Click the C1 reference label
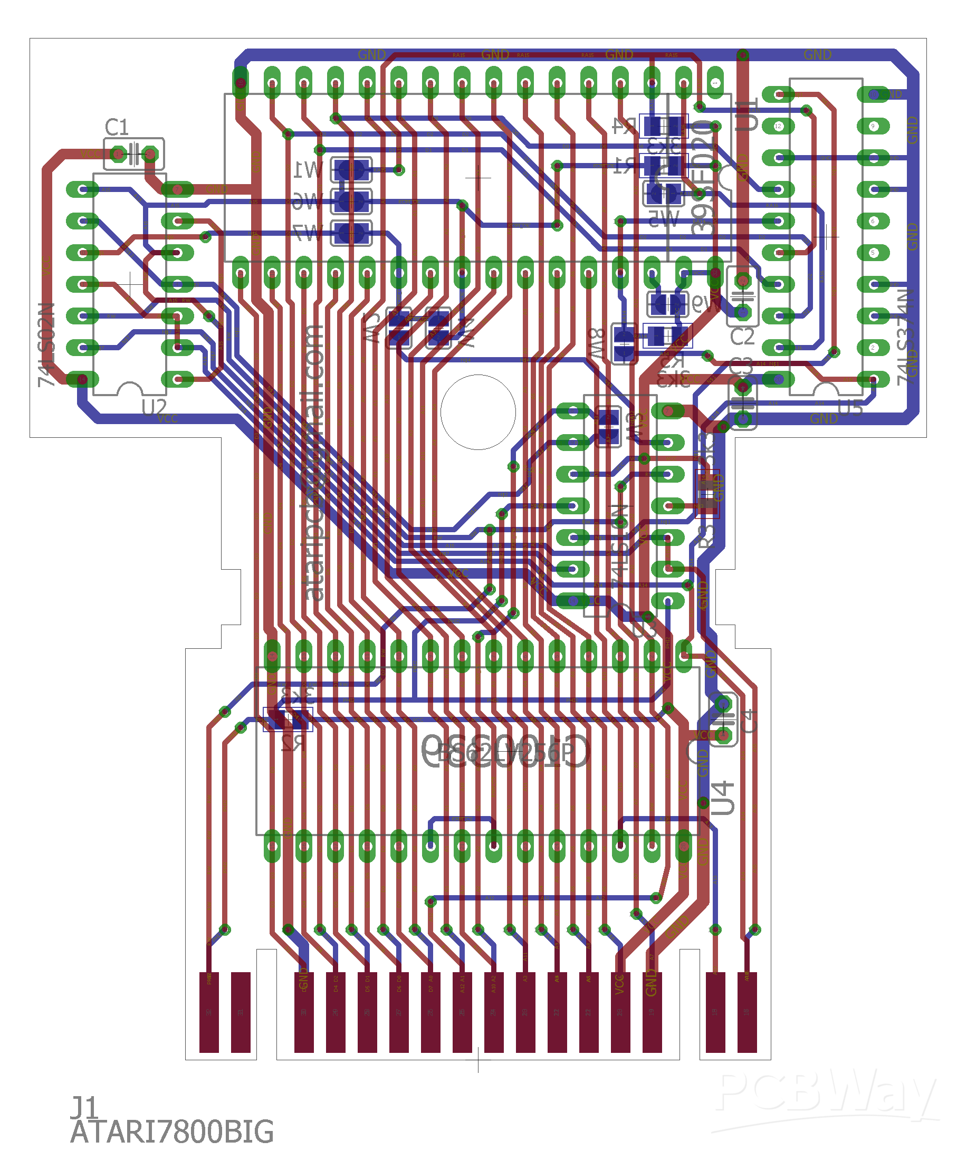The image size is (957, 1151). [x=117, y=127]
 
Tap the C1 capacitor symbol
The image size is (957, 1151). [x=134, y=154]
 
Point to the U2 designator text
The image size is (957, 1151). [x=154, y=407]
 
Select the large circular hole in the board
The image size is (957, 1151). [x=478, y=412]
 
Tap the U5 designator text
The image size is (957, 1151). [x=850, y=408]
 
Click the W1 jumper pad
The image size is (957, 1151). [x=351, y=170]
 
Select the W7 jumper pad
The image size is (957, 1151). [x=351, y=234]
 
